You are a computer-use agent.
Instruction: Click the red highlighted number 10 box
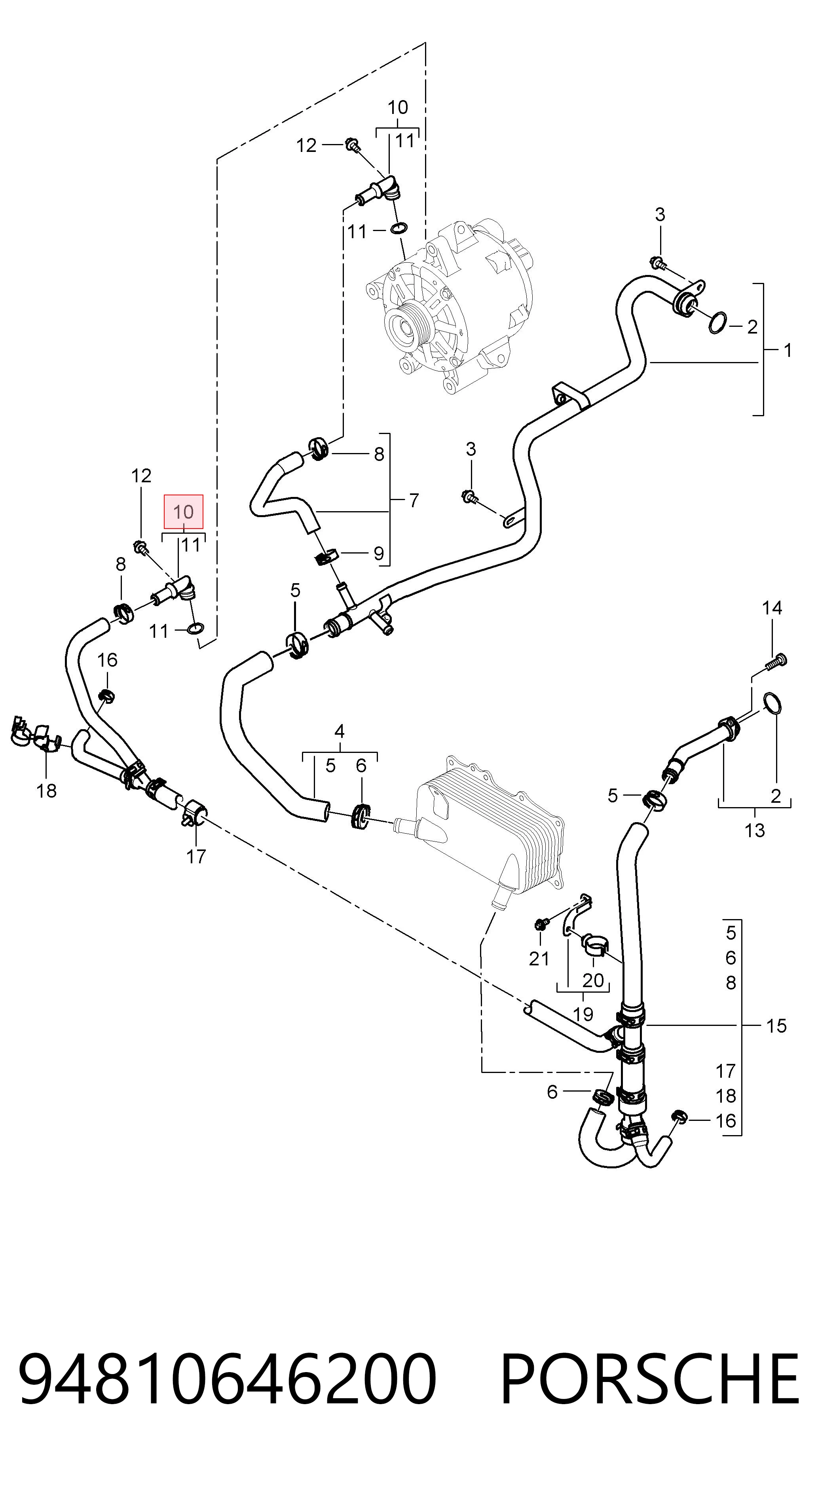[183, 511]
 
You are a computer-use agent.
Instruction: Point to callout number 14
[772, 608]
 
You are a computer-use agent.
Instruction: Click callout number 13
[754, 830]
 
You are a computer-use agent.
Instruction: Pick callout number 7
[414, 500]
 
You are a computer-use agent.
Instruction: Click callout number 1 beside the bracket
[788, 350]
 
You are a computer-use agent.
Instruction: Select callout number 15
[776, 1026]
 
